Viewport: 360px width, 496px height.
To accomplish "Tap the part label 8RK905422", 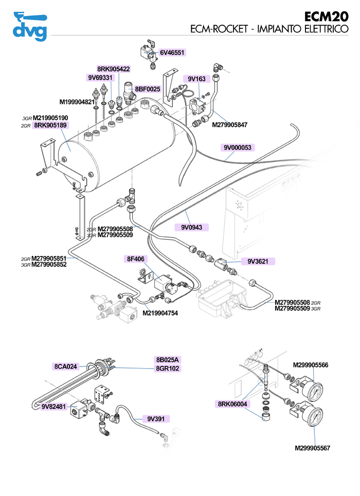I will [113, 69].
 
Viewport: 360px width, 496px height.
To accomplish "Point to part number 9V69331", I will [100, 78].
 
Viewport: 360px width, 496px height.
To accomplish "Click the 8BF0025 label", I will [148, 89].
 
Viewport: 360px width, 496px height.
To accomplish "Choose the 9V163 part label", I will [196, 79].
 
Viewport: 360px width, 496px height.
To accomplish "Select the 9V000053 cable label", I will [238, 148].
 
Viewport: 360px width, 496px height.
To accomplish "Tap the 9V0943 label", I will [191, 227].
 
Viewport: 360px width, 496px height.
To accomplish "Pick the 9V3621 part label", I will [258, 261].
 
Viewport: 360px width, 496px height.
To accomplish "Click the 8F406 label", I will [135, 259].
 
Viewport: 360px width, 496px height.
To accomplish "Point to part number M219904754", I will [160, 313].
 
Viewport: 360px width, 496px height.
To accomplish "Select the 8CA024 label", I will [65, 366].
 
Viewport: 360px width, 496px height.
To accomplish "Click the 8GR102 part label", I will [168, 368].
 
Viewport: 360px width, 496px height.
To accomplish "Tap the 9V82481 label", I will [54, 407].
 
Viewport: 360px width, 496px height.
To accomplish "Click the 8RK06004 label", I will [232, 404].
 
